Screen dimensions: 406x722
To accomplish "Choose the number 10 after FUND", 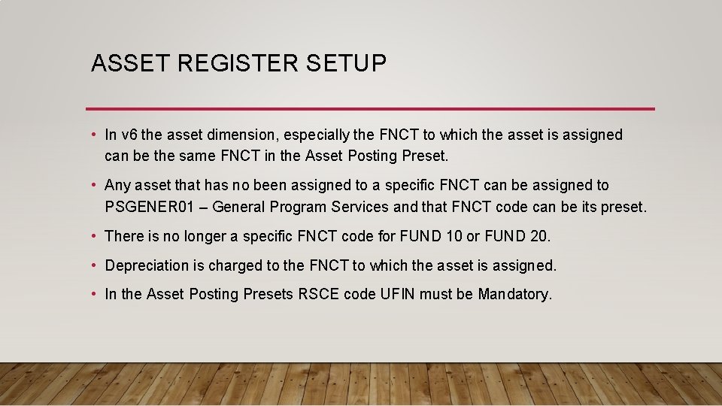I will pos(454,236).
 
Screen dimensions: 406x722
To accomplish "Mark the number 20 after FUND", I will pos(539,236).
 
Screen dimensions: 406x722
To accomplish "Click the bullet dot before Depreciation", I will pos(93,265).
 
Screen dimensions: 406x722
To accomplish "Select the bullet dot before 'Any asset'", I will pos(93,185).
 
